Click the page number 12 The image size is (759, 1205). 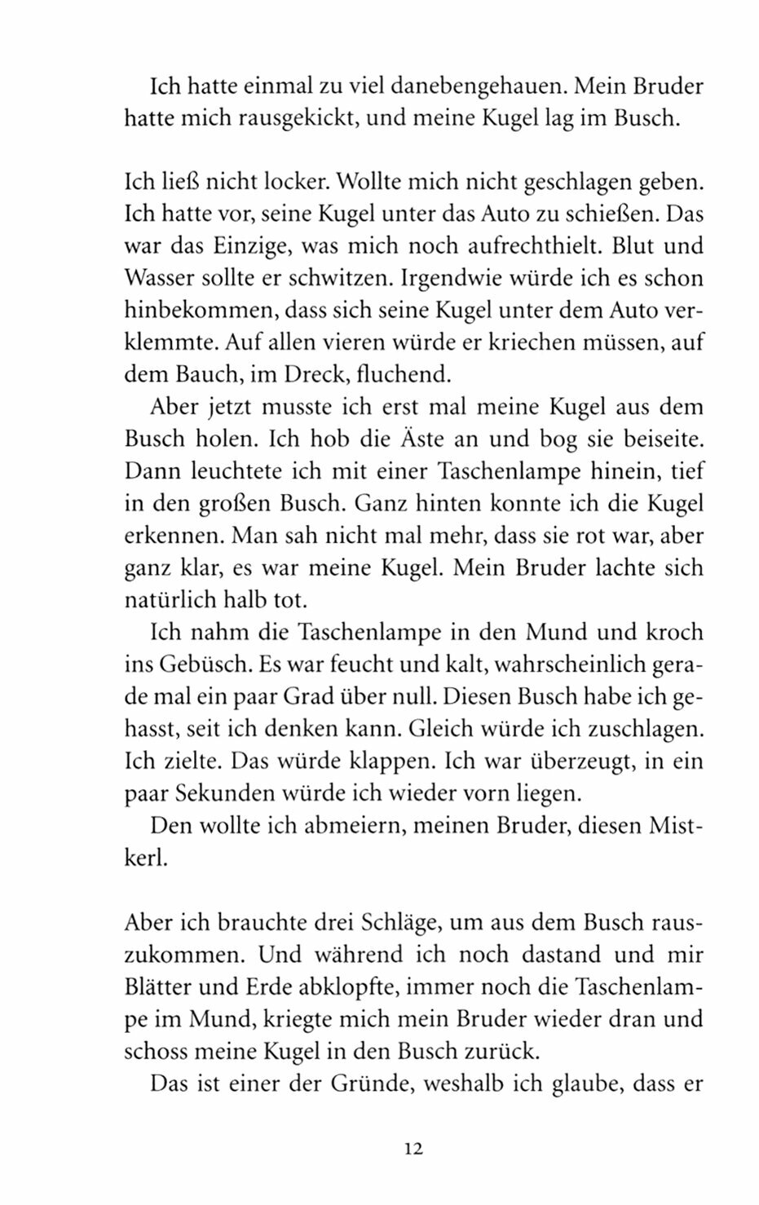(x=413, y=1150)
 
